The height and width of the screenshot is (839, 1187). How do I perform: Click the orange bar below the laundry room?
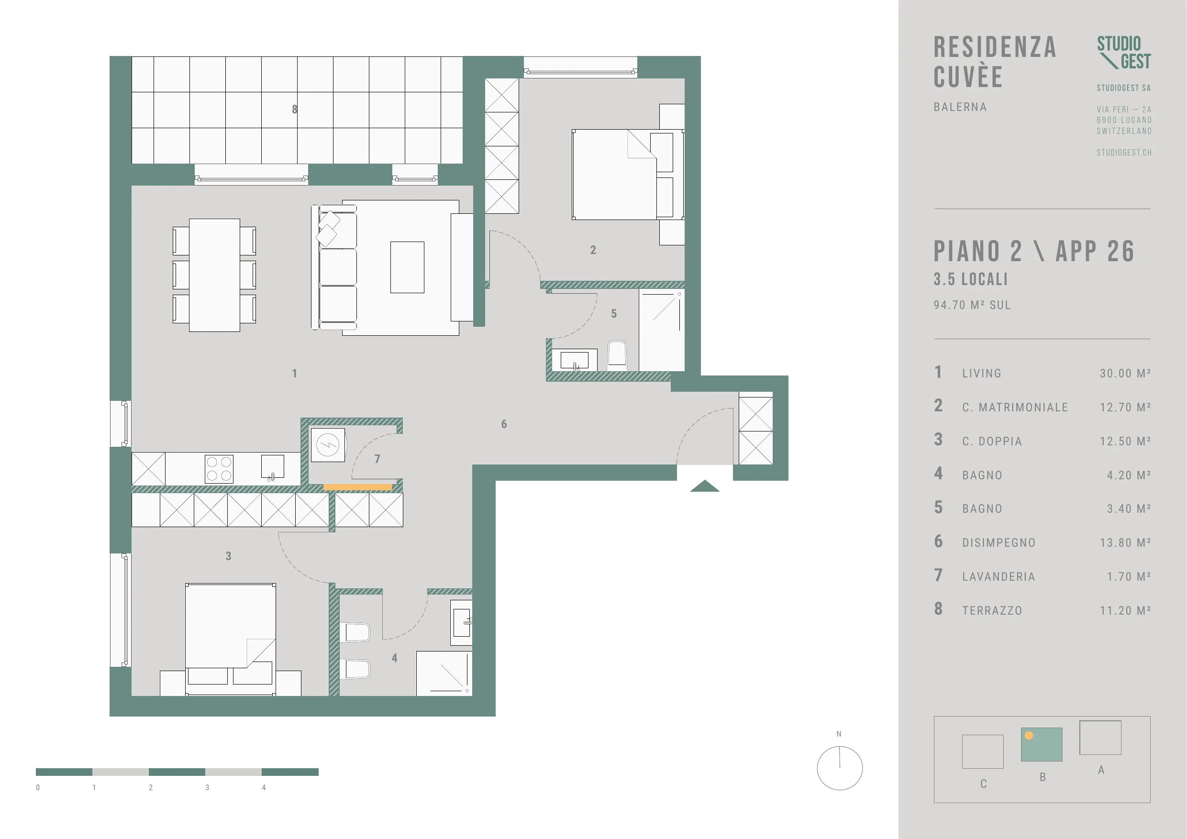(358, 487)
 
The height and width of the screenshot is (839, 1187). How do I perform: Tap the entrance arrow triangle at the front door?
(705, 486)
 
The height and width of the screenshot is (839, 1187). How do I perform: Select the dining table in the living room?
(214, 275)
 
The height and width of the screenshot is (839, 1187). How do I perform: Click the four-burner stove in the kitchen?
(219, 469)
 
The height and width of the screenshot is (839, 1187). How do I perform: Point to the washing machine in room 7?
(328, 444)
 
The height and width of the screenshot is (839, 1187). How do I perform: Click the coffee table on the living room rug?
(407, 267)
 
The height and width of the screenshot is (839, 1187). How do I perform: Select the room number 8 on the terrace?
(295, 109)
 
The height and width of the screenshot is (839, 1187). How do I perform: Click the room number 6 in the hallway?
(504, 424)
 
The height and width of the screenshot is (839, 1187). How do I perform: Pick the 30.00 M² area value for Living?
(1125, 373)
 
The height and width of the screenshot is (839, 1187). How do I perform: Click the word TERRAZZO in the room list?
(992, 610)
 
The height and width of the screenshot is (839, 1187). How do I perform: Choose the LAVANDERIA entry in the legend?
(999, 576)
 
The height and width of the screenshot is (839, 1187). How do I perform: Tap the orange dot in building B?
(1029, 736)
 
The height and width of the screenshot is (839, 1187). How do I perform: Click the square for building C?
(983, 751)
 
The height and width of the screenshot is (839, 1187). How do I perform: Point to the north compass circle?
(840, 768)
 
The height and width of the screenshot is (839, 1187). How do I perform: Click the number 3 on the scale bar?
(207, 788)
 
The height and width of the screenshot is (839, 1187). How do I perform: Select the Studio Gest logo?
(1124, 53)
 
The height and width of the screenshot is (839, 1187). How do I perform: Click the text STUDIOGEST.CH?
(1124, 153)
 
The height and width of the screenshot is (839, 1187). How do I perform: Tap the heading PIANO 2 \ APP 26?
(1034, 252)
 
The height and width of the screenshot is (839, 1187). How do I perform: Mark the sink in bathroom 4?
(461, 622)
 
